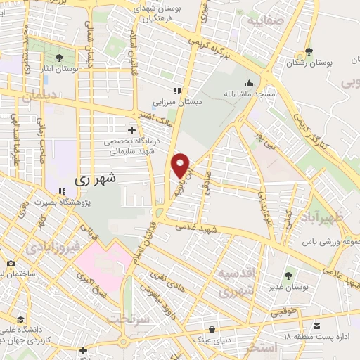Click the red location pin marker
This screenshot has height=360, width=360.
[x=181, y=166]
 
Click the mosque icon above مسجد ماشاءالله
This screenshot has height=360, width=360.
[x=251, y=82]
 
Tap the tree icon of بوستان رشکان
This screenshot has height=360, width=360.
[x=309, y=52]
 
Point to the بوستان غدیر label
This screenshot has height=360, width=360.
[x=288, y=287]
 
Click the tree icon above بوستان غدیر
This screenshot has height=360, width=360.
[x=288, y=275]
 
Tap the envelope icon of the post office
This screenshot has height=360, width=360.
[x=319, y=326]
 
